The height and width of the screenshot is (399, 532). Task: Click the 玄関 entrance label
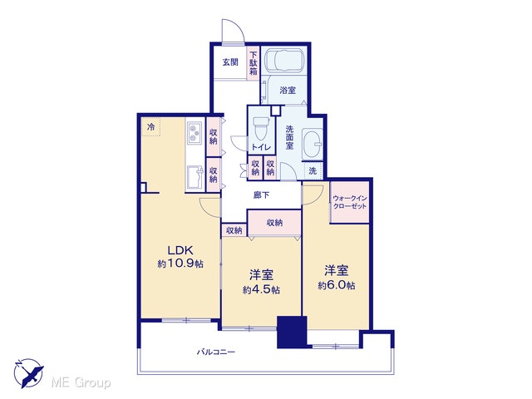(x=230, y=62)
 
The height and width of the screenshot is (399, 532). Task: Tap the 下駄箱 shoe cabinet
(x=254, y=63)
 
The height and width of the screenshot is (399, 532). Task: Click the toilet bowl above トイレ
(x=261, y=129)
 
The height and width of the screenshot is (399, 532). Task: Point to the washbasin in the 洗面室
(x=312, y=144)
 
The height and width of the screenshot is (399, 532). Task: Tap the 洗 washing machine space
(x=313, y=170)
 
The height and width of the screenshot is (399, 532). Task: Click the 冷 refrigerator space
(x=150, y=126)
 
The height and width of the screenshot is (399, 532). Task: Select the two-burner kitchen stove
(x=195, y=133)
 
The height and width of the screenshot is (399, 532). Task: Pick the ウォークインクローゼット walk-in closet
(x=350, y=202)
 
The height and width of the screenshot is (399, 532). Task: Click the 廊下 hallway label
(x=262, y=195)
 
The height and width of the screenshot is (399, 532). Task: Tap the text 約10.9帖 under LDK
(x=180, y=264)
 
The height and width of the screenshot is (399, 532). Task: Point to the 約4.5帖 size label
(x=261, y=290)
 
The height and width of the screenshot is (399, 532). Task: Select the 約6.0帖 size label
(x=336, y=286)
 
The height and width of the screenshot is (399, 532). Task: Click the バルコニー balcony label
(x=216, y=352)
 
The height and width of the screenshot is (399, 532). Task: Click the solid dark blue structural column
(x=292, y=332)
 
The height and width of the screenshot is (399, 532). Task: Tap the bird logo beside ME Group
(x=28, y=373)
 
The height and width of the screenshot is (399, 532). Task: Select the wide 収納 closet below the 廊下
(x=274, y=223)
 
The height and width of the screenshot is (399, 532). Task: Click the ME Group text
(x=81, y=383)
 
